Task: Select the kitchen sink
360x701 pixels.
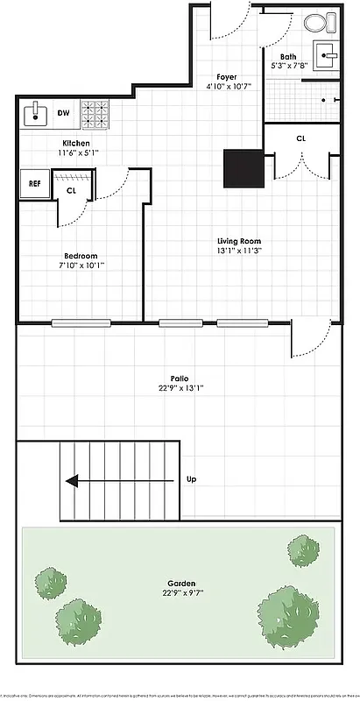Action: tap(38, 112)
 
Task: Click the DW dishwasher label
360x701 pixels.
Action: tap(64, 112)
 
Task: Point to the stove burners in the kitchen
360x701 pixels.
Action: tap(94, 111)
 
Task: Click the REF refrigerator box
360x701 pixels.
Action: tap(34, 184)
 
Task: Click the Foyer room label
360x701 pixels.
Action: tap(221, 77)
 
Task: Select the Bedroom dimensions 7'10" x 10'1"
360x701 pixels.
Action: tap(82, 265)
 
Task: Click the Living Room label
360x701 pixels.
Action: tap(239, 241)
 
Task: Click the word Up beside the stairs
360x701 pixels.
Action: tap(192, 480)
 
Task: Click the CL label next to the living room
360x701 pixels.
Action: tap(300, 138)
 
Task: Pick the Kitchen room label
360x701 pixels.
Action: tap(75, 143)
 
